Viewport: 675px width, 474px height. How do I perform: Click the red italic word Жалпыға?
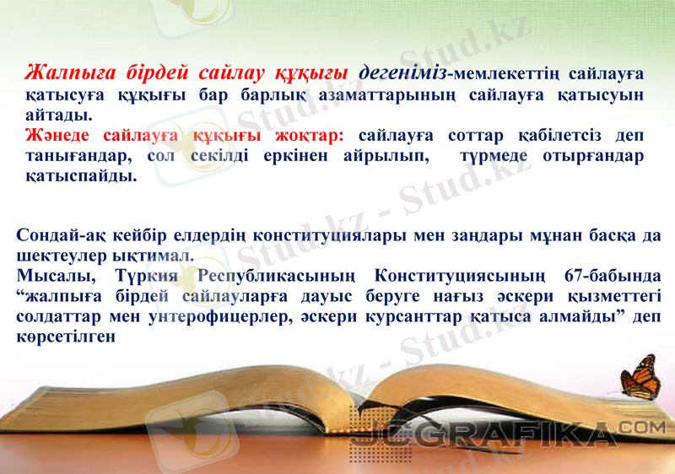click(69, 72)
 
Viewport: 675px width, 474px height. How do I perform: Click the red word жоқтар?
click(304, 136)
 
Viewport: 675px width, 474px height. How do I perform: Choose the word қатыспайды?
click(81, 177)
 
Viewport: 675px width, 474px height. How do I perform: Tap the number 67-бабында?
click(604, 276)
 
